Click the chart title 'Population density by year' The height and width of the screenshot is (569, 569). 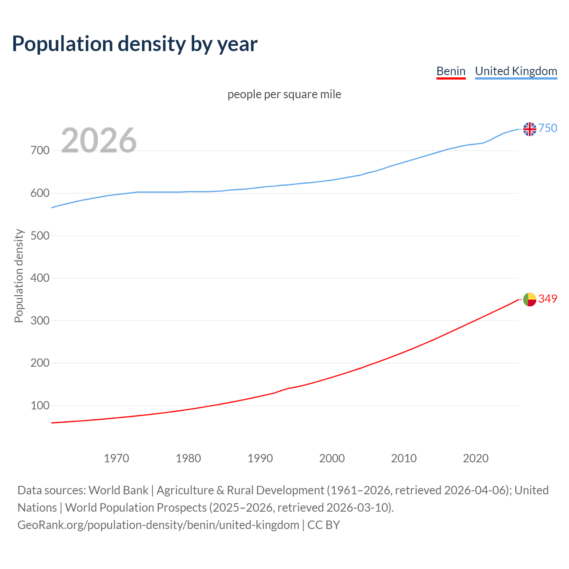tap(135, 44)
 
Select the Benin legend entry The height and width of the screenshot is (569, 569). tap(451, 71)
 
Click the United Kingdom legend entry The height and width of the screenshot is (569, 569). tap(516, 71)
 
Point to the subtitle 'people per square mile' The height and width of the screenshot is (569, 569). tap(284, 94)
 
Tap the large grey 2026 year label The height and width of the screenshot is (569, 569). tap(99, 140)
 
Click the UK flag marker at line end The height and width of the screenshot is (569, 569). tap(529, 129)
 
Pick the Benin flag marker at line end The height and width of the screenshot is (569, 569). tap(529, 300)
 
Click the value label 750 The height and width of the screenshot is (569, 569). tap(548, 128)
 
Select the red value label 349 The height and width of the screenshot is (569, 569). tap(548, 299)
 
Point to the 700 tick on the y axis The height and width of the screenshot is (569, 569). tap(40, 150)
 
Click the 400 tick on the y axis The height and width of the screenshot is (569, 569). tap(40, 278)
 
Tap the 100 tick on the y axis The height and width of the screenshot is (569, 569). tap(40, 405)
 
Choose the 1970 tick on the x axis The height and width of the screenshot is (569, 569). tap(116, 458)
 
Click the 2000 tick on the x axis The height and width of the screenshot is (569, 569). tap(332, 458)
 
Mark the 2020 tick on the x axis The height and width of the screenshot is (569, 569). tap(476, 458)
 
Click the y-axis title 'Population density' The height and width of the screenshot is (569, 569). tap(19, 276)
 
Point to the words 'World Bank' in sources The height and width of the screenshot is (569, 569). tap(118, 490)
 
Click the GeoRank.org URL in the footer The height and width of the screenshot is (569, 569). tap(158, 525)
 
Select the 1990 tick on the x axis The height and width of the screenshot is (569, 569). tap(260, 458)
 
